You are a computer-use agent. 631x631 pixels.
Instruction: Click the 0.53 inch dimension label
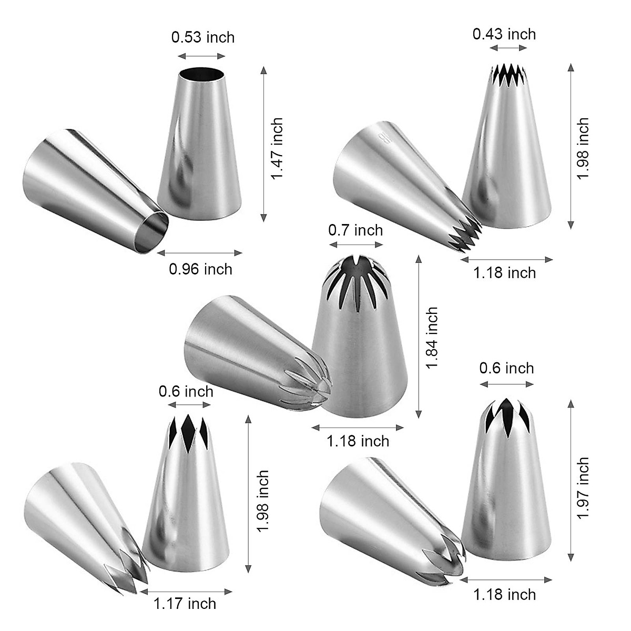[x=202, y=38]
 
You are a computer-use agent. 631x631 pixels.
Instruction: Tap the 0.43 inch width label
[x=504, y=34]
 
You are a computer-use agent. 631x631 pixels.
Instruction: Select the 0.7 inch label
[x=355, y=230]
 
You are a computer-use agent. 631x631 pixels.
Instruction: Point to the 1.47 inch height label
[x=277, y=148]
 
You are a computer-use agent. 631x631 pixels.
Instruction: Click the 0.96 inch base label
[x=200, y=269]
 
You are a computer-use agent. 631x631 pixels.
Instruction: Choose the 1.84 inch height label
[x=432, y=338]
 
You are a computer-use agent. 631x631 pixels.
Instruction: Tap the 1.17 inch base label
[x=185, y=603]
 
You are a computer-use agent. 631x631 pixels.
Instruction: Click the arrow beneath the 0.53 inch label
[x=201, y=56]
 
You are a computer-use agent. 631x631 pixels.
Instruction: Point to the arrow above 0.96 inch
[x=200, y=253]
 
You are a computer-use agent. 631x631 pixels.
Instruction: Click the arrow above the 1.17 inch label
[x=186, y=591]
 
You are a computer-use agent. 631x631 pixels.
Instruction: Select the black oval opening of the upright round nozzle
[x=201, y=74]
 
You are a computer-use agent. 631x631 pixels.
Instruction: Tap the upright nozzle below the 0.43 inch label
[x=507, y=158]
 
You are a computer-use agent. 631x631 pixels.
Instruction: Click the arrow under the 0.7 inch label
[x=356, y=245]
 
